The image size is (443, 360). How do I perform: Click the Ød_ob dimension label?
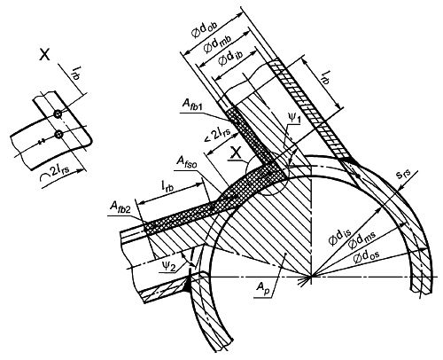pos(205,29)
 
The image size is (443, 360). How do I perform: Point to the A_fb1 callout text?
pos(194,104)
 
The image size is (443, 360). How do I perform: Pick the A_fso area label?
pos(187,161)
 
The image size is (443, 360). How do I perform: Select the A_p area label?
pos(262,287)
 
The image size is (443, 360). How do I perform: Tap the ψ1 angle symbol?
pos(294,120)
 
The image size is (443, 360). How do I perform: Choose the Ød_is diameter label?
pos(339,237)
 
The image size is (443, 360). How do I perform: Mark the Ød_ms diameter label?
pos(361,240)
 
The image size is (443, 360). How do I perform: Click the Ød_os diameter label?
pos(366,256)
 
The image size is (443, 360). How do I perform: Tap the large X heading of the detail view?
pos(44,55)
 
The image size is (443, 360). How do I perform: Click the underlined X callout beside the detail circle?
pos(236,153)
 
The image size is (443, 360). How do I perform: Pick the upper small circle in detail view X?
pos(58,113)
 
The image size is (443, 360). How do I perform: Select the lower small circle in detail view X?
pos(58,134)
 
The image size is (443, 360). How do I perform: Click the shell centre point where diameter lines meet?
pos(312,277)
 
